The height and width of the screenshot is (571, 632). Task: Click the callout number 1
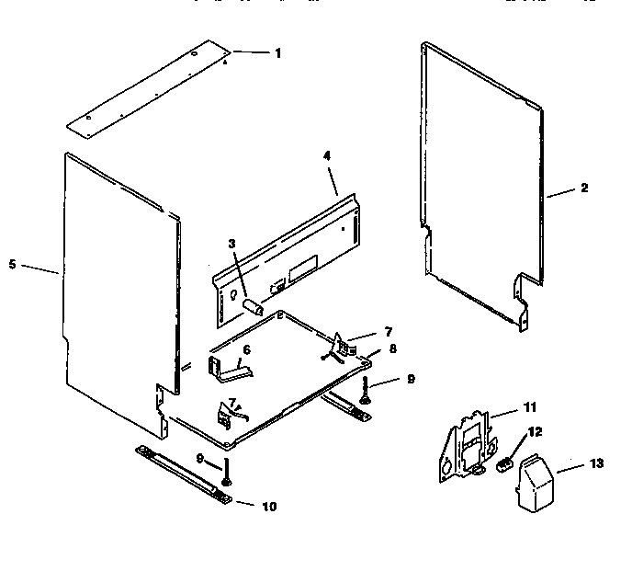click(277, 53)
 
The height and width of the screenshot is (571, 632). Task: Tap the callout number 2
click(584, 188)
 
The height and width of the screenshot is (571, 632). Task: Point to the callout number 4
click(326, 155)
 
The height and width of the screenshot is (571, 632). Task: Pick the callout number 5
click(12, 264)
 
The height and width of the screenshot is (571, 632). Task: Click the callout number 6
click(246, 350)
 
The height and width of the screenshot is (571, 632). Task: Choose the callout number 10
click(268, 506)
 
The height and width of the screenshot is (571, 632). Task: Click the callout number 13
click(596, 463)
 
